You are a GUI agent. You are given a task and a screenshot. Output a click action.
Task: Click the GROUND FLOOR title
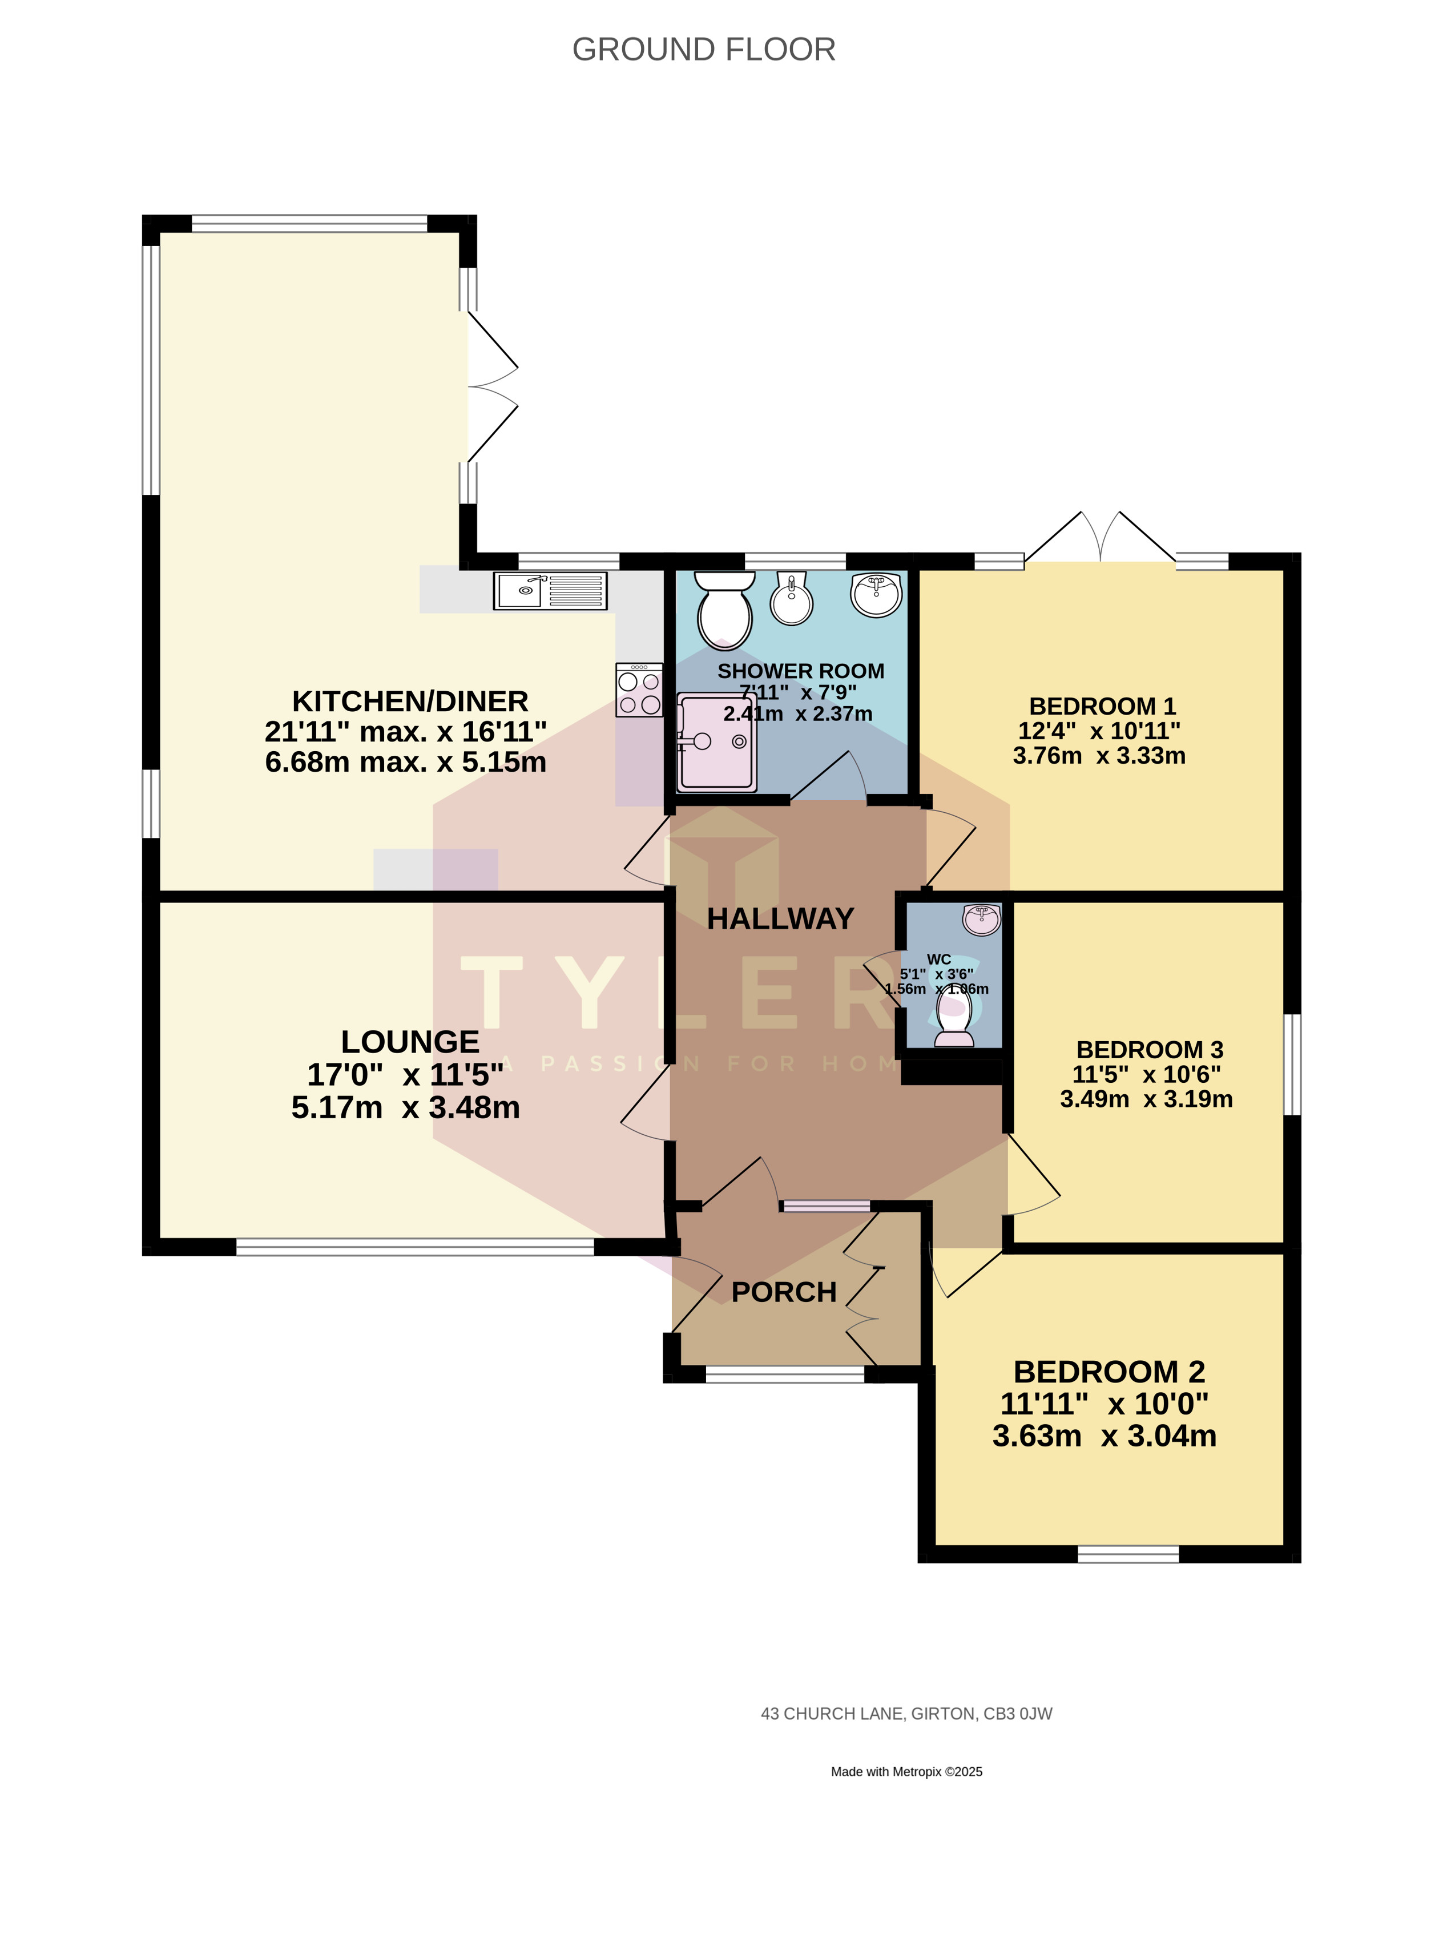pos(703,50)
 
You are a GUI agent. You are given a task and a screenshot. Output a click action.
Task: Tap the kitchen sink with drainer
pos(550,591)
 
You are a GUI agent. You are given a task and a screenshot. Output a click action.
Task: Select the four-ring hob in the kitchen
pos(639,690)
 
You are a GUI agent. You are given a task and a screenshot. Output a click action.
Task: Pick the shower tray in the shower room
pos(716,742)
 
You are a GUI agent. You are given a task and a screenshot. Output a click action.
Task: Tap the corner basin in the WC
pos(982,920)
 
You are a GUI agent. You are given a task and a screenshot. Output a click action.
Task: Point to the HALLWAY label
pos(780,918)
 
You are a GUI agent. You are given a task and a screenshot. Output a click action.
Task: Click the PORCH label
pos(784,1292)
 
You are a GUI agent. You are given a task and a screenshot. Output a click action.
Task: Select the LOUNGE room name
pos(410,1042)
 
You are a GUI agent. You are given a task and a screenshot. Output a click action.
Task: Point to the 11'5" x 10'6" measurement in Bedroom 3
pos(1146,1074)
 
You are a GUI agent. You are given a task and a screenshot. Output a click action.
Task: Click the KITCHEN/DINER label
pos(410,701)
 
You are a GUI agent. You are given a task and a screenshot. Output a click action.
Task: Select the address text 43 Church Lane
pos(906,1714)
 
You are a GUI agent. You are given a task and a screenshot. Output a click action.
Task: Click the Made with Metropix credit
pos(906,1772)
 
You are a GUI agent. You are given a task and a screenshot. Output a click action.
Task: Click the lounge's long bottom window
pos(415,1247)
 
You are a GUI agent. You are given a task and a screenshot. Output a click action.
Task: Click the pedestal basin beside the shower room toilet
pos(791,599)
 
